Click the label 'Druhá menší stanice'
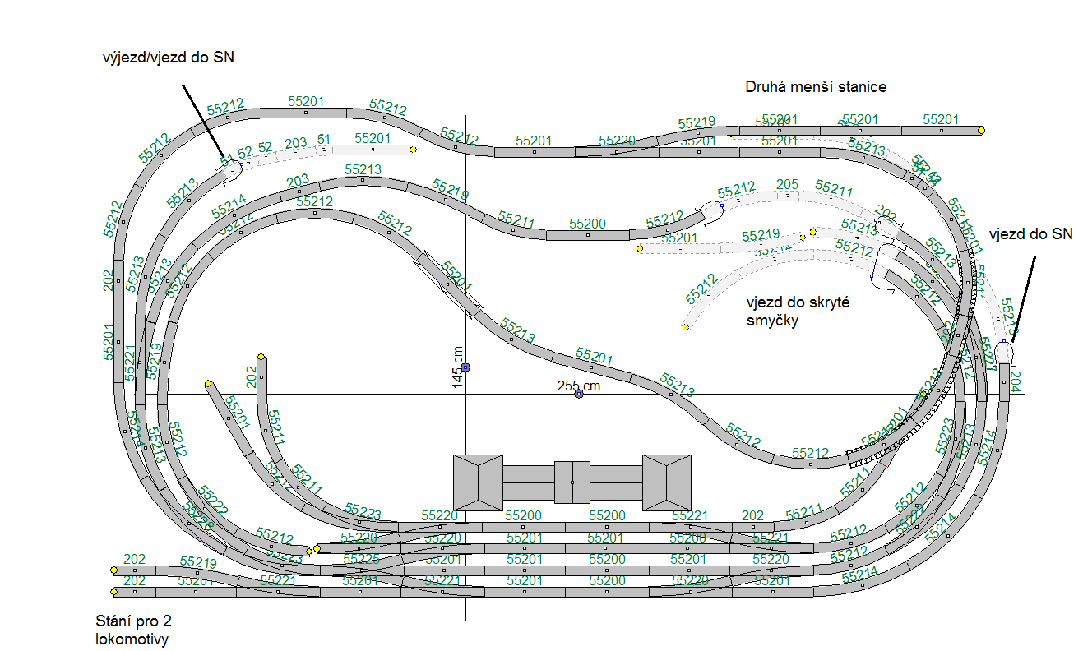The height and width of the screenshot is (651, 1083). click(816, 86)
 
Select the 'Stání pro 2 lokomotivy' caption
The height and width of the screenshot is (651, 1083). click(133, 630)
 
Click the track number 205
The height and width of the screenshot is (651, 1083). click(787, 184)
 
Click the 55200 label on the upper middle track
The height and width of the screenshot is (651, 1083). click(587, 224)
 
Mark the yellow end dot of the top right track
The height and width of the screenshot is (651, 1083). click(981, 130)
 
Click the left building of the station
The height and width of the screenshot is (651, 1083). click(478, 482)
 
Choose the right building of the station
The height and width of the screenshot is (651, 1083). click(667, 482)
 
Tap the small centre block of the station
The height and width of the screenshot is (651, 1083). click(572, 482)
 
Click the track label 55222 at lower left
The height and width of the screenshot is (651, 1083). click(213, 498)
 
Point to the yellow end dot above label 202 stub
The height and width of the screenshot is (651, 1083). click(261, 357)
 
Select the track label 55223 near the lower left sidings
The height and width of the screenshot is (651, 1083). click(363, 512)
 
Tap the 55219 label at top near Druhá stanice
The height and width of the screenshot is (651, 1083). click(697, 122)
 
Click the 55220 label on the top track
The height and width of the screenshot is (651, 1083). click(617, 141)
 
